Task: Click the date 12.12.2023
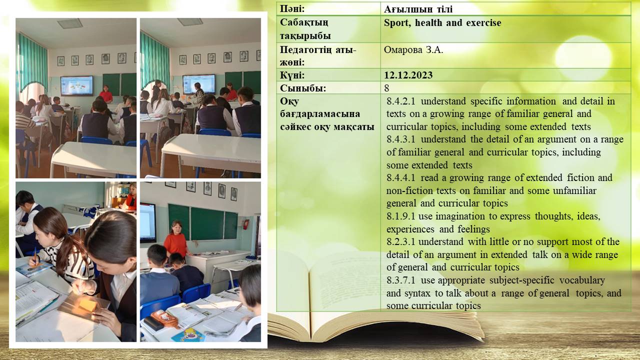408,75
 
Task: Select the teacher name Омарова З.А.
413,50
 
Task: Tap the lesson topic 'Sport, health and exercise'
442,23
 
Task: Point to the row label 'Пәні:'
292,9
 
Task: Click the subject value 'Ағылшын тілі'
418,9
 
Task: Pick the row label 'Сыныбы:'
303,88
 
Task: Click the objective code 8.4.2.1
401,101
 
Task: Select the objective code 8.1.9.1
400,216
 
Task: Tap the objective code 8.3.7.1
401,280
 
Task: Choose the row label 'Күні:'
292,75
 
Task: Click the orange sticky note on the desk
88,305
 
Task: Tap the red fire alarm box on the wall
245,224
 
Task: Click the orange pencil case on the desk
164,318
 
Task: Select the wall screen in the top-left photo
77,85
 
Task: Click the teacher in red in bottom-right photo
176,239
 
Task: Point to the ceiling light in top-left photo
69,23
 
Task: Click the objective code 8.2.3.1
400,242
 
